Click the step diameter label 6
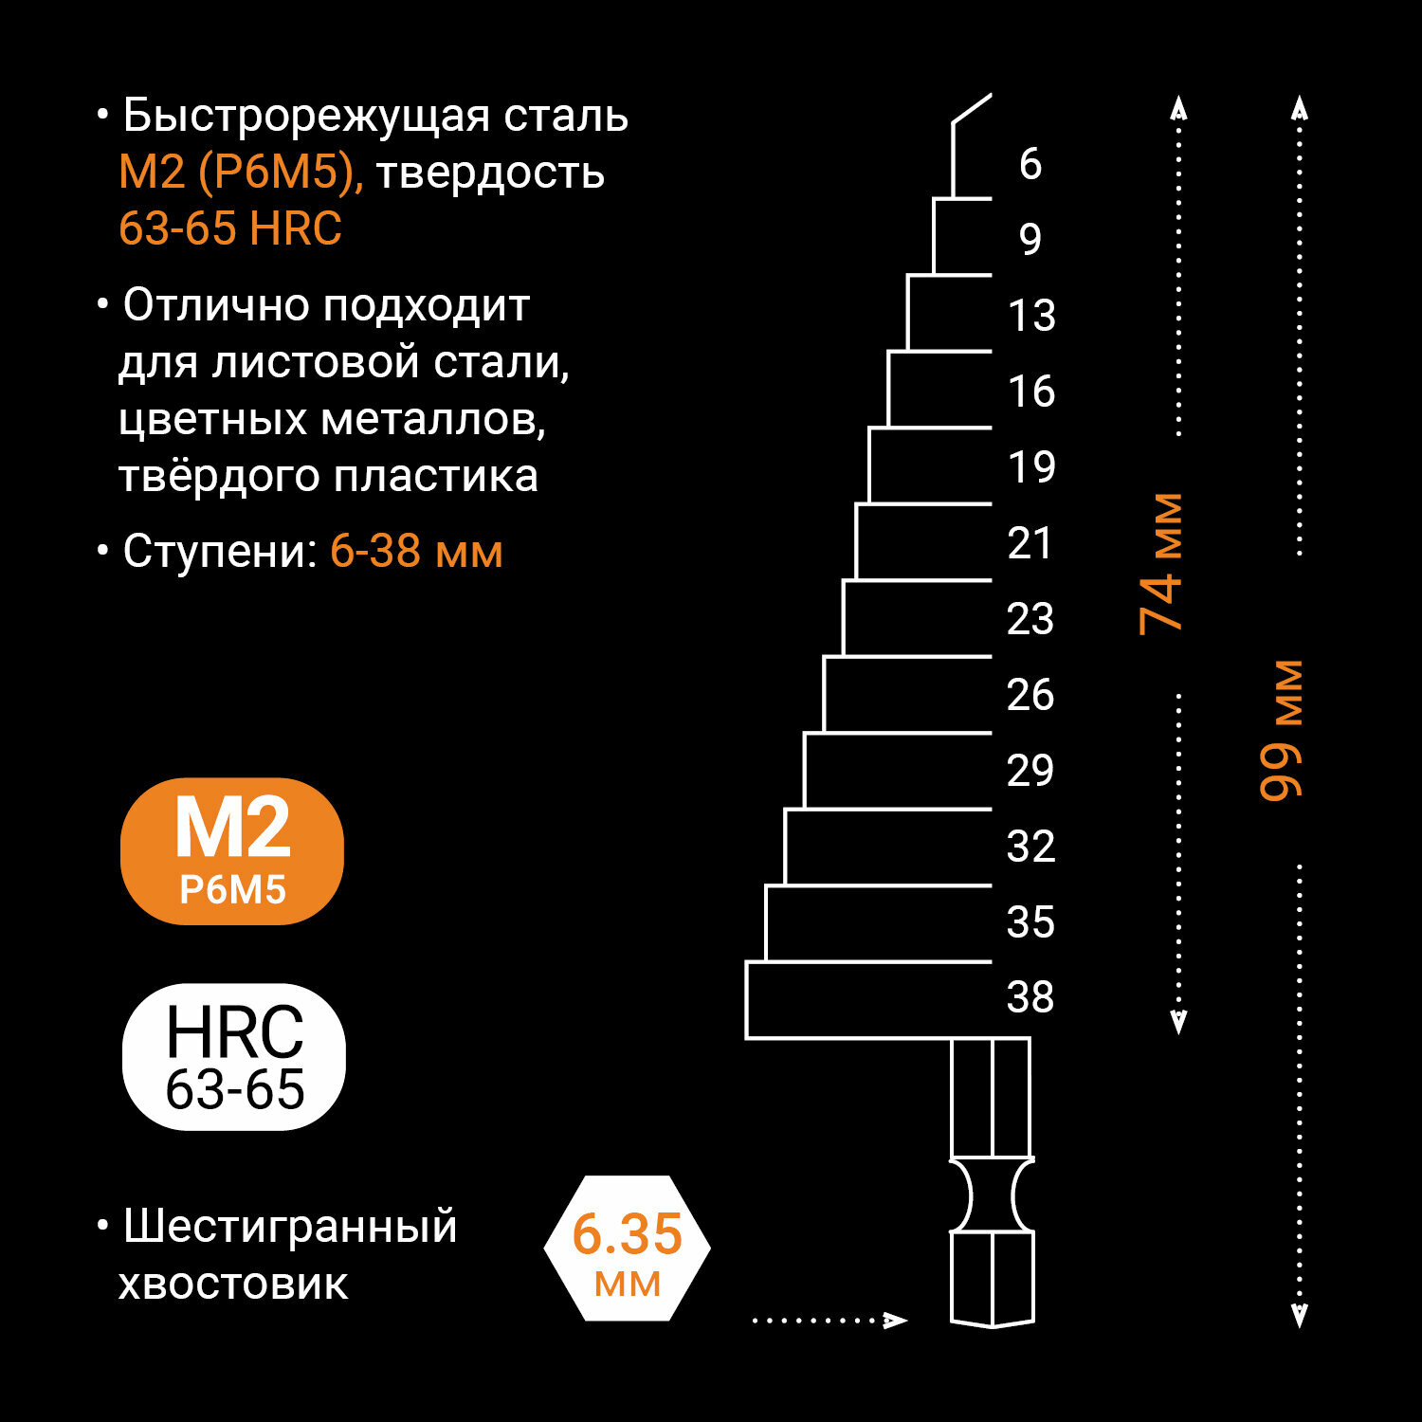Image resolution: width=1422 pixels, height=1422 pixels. click(1030, 164)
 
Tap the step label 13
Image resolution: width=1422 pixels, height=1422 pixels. click(1031, 315)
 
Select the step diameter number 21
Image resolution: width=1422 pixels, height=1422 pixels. click(1030, 542)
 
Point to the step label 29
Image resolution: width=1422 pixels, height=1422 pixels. click(1030, 770)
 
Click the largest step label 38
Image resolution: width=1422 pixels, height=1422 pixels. click(1030, 997)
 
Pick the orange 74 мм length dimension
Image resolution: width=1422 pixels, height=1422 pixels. click(1161, 563)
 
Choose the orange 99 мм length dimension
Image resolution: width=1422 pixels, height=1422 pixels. click(1282, 730)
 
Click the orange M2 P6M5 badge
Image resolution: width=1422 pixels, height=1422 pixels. click(232, 850)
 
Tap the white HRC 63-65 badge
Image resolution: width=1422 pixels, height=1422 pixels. click(234, 1056)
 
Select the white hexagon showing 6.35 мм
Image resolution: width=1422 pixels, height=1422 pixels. click(628, 1248)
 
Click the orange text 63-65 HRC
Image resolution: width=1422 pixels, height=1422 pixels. click(230, 228)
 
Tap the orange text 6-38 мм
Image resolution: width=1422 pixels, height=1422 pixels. click(416, 551)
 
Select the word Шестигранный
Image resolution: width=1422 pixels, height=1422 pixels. click(290, 1227)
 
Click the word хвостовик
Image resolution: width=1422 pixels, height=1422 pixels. click(233, 1285)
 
